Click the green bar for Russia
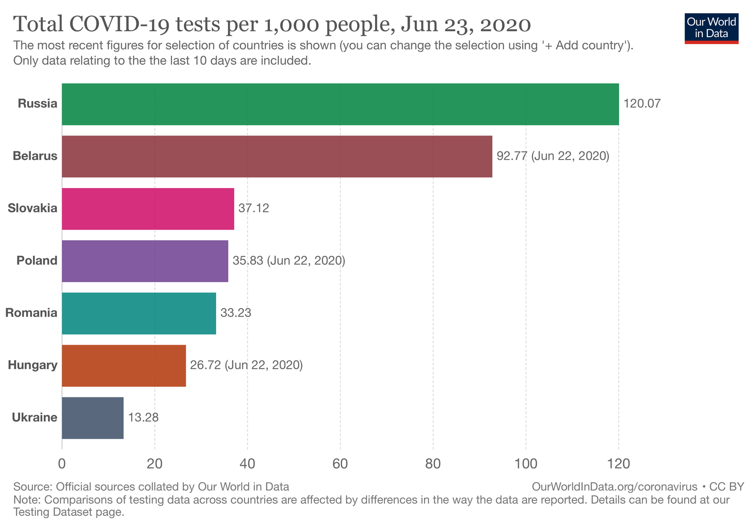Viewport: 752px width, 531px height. (x=340, y=104)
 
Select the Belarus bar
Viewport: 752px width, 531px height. (x=277, y=156)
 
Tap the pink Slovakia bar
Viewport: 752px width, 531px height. (x=148, y=209)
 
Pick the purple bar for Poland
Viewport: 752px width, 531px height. (x=145, y=261)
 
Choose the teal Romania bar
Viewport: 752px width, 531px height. (x=139, y=313)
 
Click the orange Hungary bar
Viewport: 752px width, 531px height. (x=124, y=365)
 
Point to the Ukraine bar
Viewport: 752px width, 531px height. (x=93, y=418)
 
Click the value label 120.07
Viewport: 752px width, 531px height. (x=642, y=104)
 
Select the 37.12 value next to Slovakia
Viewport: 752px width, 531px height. (x=253, y=208)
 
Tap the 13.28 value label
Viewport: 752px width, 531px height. (x=143, y=418)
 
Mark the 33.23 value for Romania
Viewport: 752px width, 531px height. (x=235, y=313)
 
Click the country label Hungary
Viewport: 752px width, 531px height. (x=32, y=365)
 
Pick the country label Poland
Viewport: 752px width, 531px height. (x=37, y=261)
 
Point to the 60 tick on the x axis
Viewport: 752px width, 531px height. (x=340, y=464)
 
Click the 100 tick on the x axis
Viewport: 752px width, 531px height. (x=525, y=464)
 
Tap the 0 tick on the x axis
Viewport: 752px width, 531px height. (x=62, y=464)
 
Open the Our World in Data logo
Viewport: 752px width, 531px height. (x=711, y=28)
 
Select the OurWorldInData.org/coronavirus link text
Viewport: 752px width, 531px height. (x=614, y=487)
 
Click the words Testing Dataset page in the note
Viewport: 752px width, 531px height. (x=69, y=512)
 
